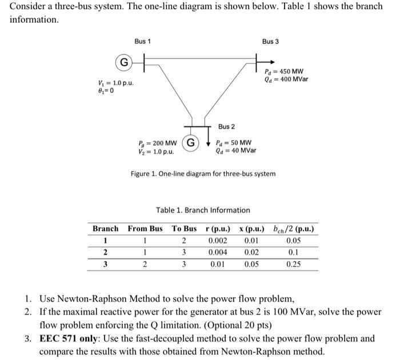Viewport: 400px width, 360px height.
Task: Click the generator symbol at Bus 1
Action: coord(123,61)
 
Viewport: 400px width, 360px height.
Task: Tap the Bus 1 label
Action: coord(143,42)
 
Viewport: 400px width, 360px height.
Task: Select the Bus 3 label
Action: coord(271,42)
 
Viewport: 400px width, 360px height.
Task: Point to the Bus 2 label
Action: coord(226,126)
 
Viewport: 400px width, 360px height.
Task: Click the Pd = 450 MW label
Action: coord(284,71)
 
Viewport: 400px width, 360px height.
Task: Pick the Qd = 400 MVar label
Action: coord(287,79)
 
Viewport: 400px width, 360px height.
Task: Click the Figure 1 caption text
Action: coord(203,173)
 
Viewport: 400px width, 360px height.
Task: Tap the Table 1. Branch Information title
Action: coord(203,210)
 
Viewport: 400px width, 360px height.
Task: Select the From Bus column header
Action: coord(145,229)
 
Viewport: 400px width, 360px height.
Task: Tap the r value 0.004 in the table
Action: coord(218,252)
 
